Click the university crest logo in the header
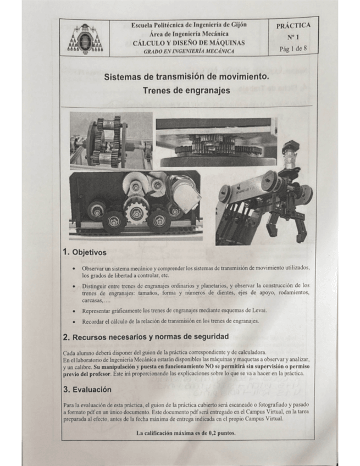(x=85, y=39)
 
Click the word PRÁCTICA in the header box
(x=293, y=26)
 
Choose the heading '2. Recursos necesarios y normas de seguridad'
(x=146, y=336)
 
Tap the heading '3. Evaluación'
(x=90, y=390)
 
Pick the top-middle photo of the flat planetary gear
(x=215, y=142)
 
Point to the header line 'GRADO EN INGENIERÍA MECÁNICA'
(x=189, y=51)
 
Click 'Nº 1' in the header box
(x=293, y=38)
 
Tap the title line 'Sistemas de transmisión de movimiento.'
(x=186, y=77)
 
